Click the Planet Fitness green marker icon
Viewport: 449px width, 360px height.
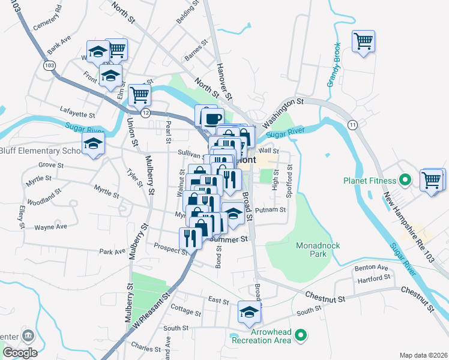pos(405,180)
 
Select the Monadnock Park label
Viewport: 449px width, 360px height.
pos(312,250)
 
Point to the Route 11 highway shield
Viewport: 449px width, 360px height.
pos(352,124)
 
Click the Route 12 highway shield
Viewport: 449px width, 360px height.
pos(145,113)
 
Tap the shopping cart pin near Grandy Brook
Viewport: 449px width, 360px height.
pos(363,41)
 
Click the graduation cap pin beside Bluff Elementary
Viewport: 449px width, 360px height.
pos(93,144)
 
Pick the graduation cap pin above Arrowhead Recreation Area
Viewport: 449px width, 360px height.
pos(250,311)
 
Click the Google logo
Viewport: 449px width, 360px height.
pos(19,353)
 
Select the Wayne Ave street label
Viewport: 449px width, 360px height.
pos(50,227)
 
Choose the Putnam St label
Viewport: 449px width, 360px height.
pos(270,211)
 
